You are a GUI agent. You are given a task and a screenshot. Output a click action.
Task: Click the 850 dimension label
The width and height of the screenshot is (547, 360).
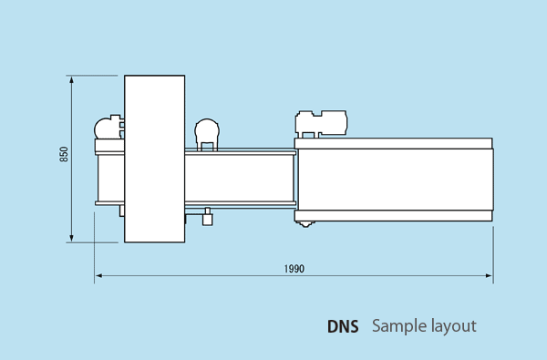coord(64,154)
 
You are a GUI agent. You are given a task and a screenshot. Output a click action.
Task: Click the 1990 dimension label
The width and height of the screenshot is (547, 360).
coord(294,269)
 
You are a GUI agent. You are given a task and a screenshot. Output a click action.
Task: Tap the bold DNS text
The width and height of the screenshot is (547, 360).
coord(343,326)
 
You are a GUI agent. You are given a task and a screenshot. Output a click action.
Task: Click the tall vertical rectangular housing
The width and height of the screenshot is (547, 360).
coord(155,159)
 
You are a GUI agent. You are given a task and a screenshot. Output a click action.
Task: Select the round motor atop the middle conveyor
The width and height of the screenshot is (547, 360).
coord(207,134)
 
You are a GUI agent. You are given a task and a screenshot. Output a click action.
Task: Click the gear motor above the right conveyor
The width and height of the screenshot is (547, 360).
coord(321,124)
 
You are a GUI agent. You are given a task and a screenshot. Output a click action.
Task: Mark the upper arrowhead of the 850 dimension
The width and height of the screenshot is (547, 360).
coord(71,80)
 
